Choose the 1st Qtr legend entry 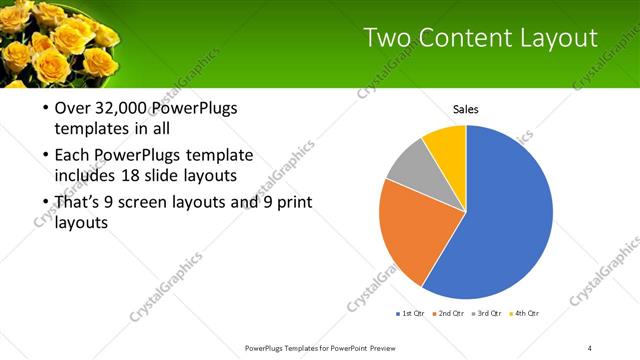pyautogui.click(x=410, y=314)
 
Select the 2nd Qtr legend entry pyautogui.click(x=449, y=314)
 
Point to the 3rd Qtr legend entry pyautogui.click(x=487, y=314)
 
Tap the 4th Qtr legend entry pyautogui.click(x=524, y=314)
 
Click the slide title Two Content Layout pyautogui.click(x=480, y=38)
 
